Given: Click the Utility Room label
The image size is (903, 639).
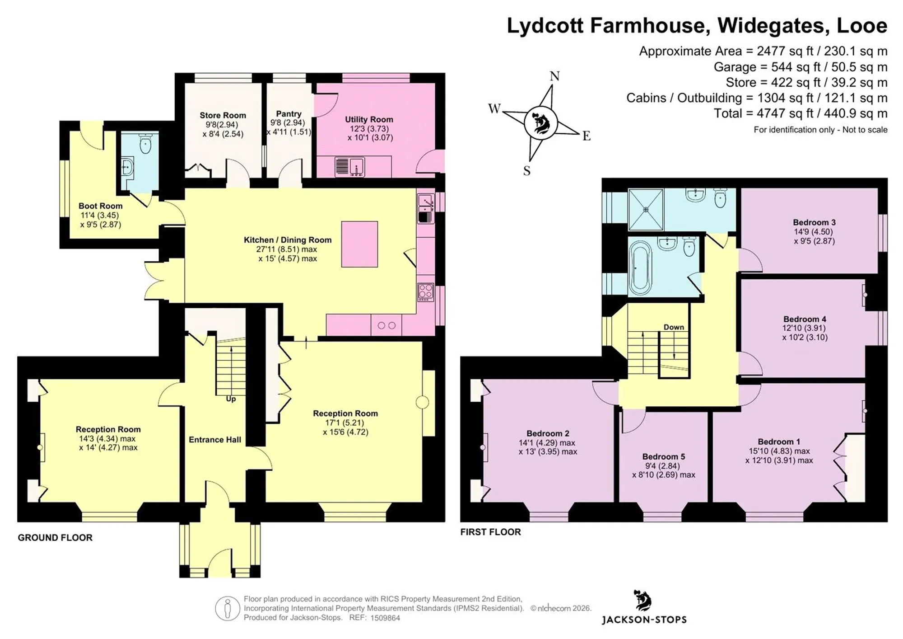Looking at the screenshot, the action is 369,119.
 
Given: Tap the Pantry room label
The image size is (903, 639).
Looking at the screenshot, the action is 289,114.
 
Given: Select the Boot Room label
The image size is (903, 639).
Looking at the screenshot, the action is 100,206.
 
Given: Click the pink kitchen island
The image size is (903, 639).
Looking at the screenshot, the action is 359,244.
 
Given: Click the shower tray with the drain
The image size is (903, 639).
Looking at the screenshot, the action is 646,210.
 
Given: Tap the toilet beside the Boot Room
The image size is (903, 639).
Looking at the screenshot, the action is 145,144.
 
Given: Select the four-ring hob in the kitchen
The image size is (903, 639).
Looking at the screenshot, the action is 425,292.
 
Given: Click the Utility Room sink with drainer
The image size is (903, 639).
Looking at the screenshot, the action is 350,167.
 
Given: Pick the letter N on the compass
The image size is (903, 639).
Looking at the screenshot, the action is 555,76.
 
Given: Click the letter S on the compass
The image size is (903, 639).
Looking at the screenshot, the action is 527,171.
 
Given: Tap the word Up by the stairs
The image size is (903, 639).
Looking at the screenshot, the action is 231,399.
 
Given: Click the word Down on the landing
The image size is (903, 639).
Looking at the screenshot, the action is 674,327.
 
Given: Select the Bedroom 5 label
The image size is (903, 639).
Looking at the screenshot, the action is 664,456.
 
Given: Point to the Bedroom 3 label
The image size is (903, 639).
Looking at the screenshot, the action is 814,222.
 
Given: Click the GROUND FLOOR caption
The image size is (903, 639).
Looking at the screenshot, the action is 55,537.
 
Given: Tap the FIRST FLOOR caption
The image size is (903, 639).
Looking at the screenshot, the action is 490,532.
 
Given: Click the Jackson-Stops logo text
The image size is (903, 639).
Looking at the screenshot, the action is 644,620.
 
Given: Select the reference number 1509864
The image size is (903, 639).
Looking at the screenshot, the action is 385,618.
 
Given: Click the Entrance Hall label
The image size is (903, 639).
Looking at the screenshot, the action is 215,440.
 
